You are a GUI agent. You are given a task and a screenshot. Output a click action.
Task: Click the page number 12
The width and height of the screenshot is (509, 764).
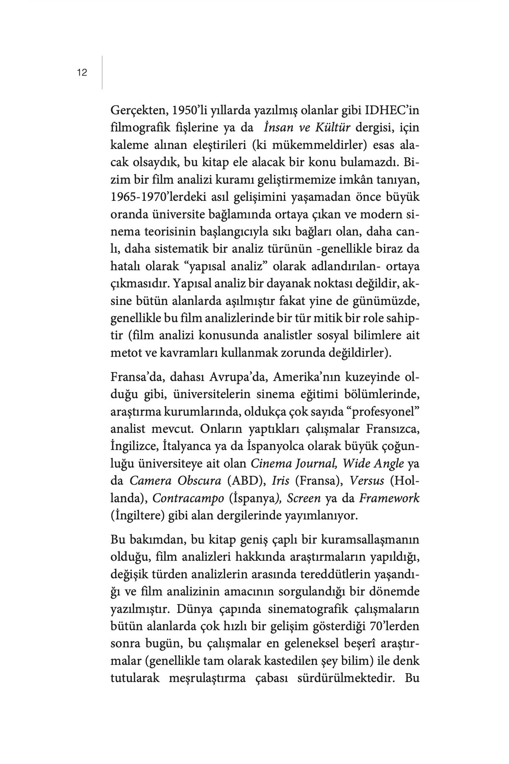coord(82,73)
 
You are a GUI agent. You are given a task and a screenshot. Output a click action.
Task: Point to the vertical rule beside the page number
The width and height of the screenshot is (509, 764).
coord(102,72)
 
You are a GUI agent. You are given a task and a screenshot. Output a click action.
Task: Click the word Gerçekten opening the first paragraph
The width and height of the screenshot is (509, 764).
coord(138,111)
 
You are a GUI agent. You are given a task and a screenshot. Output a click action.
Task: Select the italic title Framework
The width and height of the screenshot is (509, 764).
coord(389,498)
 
